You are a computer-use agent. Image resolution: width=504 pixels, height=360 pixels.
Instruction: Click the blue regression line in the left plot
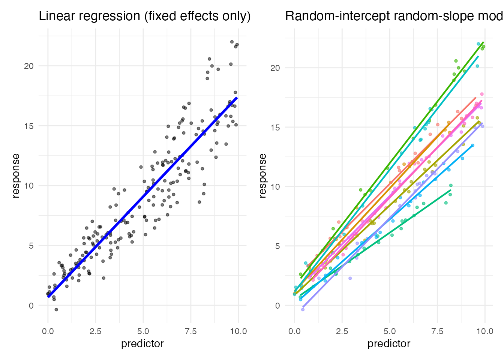[142, 197]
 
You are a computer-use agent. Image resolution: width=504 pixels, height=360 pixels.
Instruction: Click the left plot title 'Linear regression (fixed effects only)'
[145, 16]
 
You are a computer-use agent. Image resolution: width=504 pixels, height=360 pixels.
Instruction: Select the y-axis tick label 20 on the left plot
[29, 66]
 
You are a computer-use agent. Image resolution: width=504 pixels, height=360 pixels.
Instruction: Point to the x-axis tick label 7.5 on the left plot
[191, 331]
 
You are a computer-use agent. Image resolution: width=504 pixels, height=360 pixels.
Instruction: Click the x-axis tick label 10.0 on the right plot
[485, 331]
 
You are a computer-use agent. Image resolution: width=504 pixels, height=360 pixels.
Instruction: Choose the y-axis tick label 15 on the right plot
[275, 127]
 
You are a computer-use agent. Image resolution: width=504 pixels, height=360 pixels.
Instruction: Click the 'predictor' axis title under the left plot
[142, 344]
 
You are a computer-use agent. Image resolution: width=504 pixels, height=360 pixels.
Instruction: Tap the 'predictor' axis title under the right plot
[389, 344]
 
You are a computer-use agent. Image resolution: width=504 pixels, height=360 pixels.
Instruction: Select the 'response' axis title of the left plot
[16, 176]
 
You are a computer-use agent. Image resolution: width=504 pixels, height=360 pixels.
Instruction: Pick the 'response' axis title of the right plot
[262, 176]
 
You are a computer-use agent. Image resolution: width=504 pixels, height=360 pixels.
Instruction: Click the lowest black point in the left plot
[56, 310]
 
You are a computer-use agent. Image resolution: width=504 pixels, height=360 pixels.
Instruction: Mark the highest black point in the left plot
[232, 42]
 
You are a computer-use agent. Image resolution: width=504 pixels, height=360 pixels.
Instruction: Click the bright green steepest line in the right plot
[392, 160]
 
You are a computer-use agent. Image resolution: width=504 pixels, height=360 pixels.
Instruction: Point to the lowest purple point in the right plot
[303, 310]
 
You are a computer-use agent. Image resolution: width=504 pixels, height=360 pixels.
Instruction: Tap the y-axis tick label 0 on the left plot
[31, 306]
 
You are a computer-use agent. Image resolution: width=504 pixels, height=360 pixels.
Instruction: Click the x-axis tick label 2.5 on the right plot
[342, 331]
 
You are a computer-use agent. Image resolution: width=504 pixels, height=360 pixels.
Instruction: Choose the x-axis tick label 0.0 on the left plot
[48, 331]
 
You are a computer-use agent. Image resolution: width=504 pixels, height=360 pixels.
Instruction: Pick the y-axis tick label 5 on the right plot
[277, 246]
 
